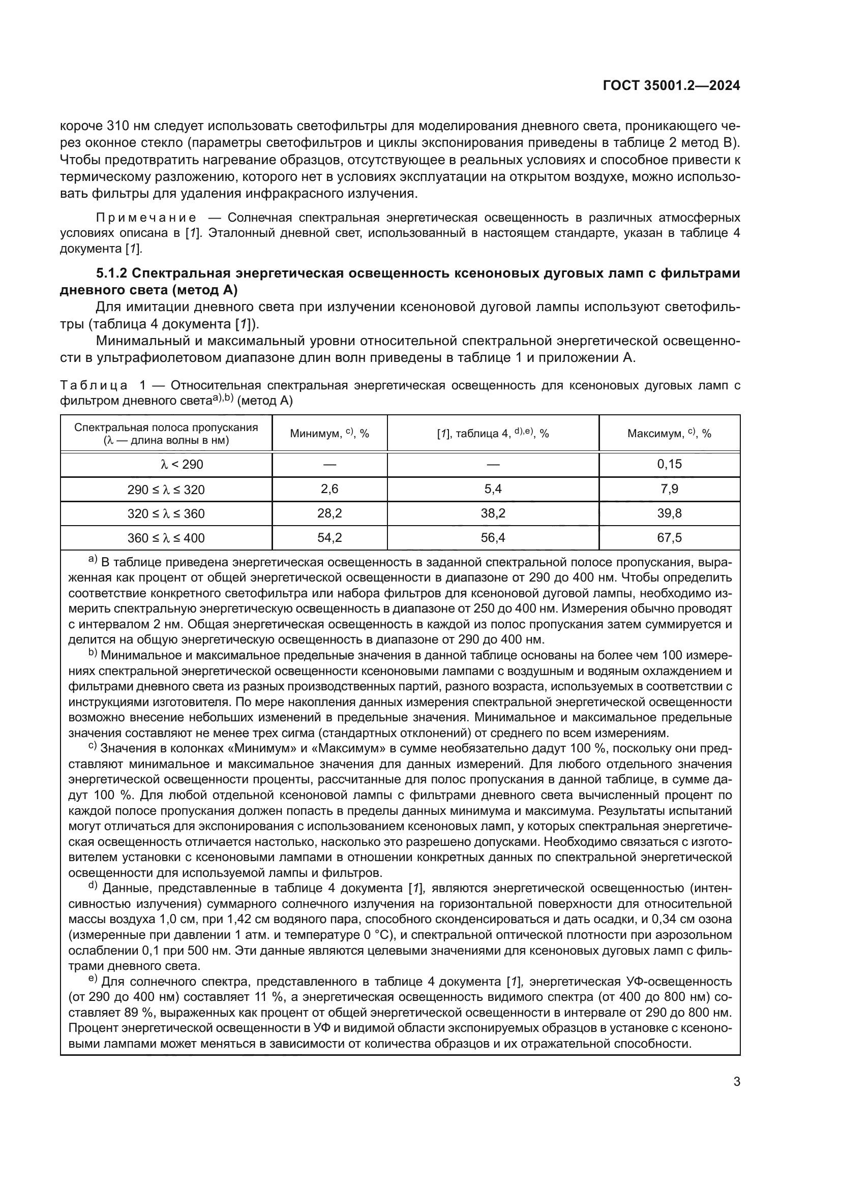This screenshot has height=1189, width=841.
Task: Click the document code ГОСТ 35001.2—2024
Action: point(671,86)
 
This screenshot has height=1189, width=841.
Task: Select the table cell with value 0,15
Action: point(669,464)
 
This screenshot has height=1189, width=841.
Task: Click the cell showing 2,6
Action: point(329,489)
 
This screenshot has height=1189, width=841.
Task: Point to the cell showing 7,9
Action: point(669,489)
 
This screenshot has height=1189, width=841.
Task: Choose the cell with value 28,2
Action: point(329,513)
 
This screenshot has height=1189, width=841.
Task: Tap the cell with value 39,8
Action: point(669,513)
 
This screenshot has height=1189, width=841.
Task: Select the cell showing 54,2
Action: point(329,537)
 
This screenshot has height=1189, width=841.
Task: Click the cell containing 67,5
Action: point(669,537)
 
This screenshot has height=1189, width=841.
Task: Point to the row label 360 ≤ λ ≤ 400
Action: point(166,538)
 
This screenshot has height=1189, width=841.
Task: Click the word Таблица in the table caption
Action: point(94,386)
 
